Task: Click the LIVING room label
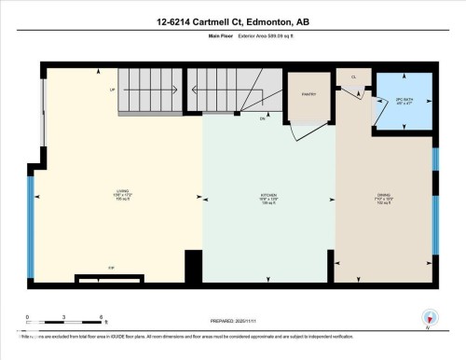(x=119, y=193)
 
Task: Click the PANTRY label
(x=310, y=93)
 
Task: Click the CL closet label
(x=353, y=77)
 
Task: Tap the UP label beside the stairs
(x=113, y=90)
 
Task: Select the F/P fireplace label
(x=111, y=269)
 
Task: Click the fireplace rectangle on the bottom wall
(x=111, y=278)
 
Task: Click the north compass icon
(x=429, y=317)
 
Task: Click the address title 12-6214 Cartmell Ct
(x=233, y=21)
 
